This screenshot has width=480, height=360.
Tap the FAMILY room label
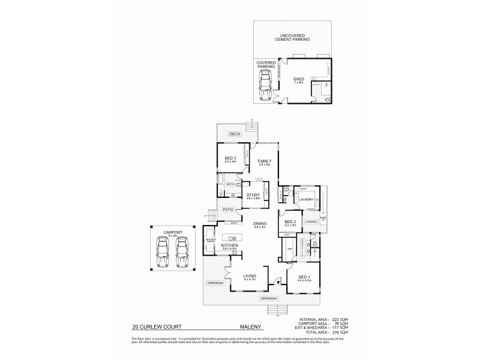tap(265, 161)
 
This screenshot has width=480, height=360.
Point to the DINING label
tap(259, 224)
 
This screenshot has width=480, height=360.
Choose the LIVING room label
tap(250, 277)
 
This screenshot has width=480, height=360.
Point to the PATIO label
tap(228, 209)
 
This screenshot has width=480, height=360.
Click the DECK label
tap(235, 134)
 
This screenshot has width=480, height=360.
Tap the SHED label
tap(299, 79)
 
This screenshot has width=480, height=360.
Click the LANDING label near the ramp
tap(311, 221)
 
